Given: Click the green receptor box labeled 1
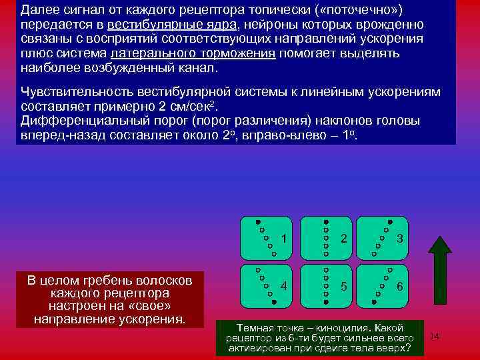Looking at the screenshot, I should (269, 238).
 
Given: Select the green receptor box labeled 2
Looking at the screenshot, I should (326, 238).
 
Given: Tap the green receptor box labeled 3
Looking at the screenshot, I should (383, 238).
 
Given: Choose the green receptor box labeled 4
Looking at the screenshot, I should (269, 285).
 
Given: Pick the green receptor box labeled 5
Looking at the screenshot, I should (326, 285).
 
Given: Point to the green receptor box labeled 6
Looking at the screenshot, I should (383, 285).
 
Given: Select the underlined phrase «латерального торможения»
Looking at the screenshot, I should (193, 54).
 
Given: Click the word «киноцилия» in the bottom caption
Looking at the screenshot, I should (349, 328).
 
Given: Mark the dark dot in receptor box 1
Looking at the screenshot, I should (258, 221).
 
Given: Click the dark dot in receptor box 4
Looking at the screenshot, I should (274, 302).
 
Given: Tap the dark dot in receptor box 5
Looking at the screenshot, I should (325, 303).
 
